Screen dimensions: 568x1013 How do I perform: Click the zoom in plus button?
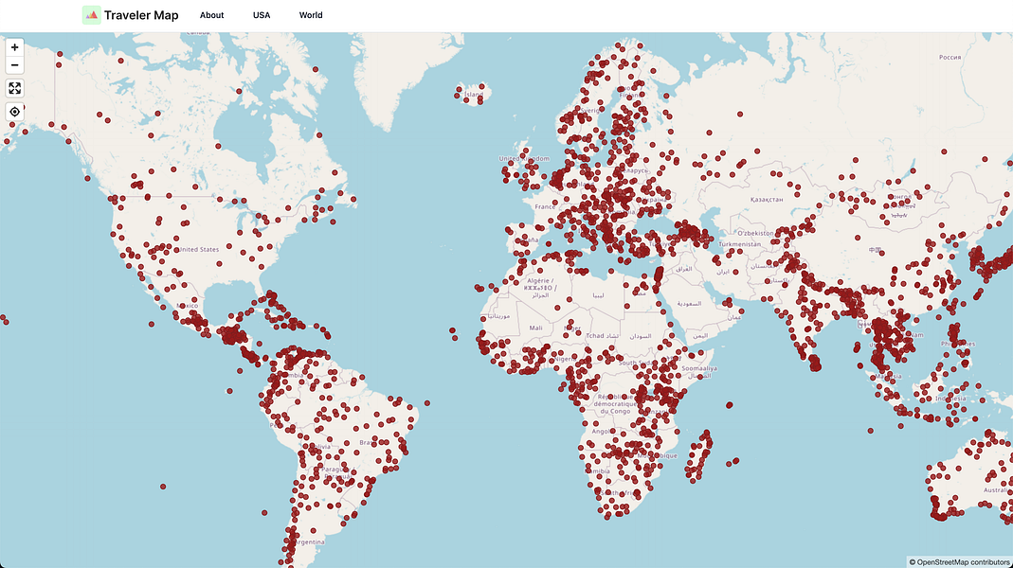pyautogui.click(x=14, y=47)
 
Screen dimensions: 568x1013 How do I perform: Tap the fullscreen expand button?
pyautogui.click(x=14, y=88)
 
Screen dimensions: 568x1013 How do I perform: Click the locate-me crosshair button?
pyautogui.click(x=14, y=112)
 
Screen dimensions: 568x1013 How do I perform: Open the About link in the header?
pyautogui.click(x=212, y=15)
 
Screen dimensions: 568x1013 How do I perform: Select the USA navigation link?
pyautogui.click(x=262, y=15)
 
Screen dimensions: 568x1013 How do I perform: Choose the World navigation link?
pyautogui.click(x=311, y=15)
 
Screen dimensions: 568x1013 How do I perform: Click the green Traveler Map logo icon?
pyautogui.click(x=92, y=14)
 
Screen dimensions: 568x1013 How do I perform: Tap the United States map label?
pyautogui.click(x=199, y=250)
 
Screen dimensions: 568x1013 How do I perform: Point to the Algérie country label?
pyautogui.click(x=536, y=281)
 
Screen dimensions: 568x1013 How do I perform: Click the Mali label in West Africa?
pyautogui.click(x=536, y=328)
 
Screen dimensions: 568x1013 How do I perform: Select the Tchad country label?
pyautogui.click(x=595, y=336)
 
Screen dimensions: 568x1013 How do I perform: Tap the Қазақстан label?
pyautogui.click(x=767, y=200)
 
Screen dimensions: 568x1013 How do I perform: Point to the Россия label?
pyautogui.click(x=950, y=57)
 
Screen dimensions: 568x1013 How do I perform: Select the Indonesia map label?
pyautogui.click(x=950, y=399)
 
